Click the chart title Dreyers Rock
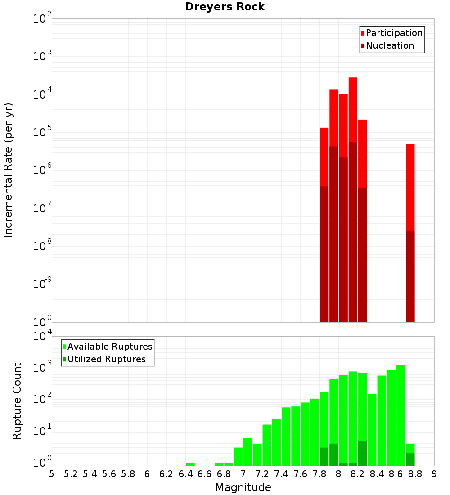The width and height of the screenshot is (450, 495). (x=225, y=7)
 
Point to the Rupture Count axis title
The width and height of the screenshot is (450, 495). (x=17, y=400)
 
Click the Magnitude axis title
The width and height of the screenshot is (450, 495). (x=243, y=487)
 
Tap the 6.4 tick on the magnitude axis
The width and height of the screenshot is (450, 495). (x=186, y=474)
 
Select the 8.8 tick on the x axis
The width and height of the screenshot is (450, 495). (x=415, y=474)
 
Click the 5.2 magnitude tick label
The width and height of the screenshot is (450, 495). (x=71, y=474)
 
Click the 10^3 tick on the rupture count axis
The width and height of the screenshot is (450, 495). (x=42, y=367)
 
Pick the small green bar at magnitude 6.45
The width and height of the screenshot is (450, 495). (x=190, y=464)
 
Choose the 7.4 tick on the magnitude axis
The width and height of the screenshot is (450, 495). (x=281, y=474)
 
